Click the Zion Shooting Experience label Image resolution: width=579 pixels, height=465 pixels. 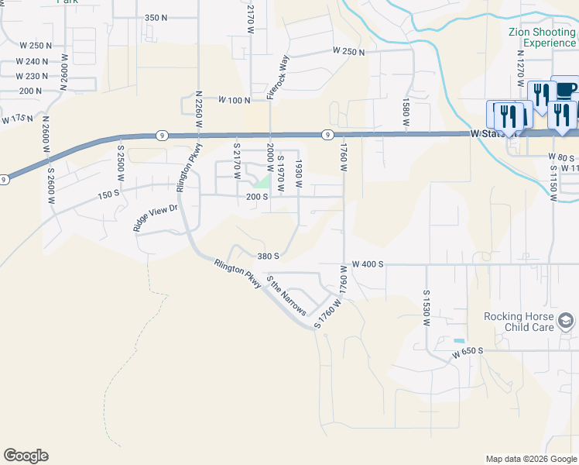(542, 37)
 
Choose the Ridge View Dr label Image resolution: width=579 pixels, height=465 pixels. (156, 218)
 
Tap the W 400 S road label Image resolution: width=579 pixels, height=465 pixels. (368, 264)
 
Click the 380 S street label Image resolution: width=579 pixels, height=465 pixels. (268, 255)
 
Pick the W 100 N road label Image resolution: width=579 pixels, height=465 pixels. (235, 101)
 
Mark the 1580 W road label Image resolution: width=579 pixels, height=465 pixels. (405, 112)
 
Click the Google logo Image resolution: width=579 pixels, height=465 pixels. (26, 456)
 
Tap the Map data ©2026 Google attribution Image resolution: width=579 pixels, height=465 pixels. (530, 459)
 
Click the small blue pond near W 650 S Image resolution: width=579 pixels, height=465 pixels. (460, 341)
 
